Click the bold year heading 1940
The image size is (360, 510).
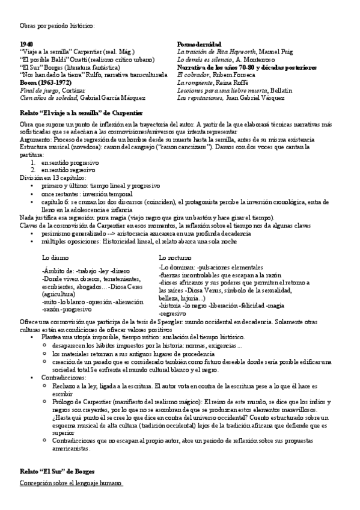[x=26, y=45]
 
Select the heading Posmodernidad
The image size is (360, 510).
[x=200, y=45]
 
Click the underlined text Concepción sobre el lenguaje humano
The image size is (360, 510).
[x=71, y=483]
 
